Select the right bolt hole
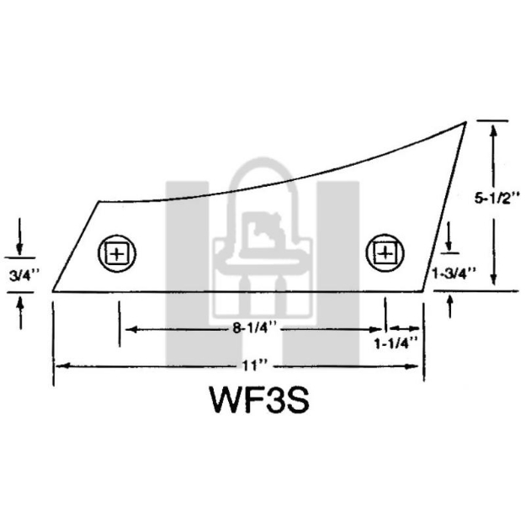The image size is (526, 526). [x=384, y=252]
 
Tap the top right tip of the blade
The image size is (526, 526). [x=465, y=123]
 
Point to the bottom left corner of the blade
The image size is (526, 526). [x=52, y=292]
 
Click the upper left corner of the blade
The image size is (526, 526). [x=99, y=201]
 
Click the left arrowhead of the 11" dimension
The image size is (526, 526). [x=59, y=366]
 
